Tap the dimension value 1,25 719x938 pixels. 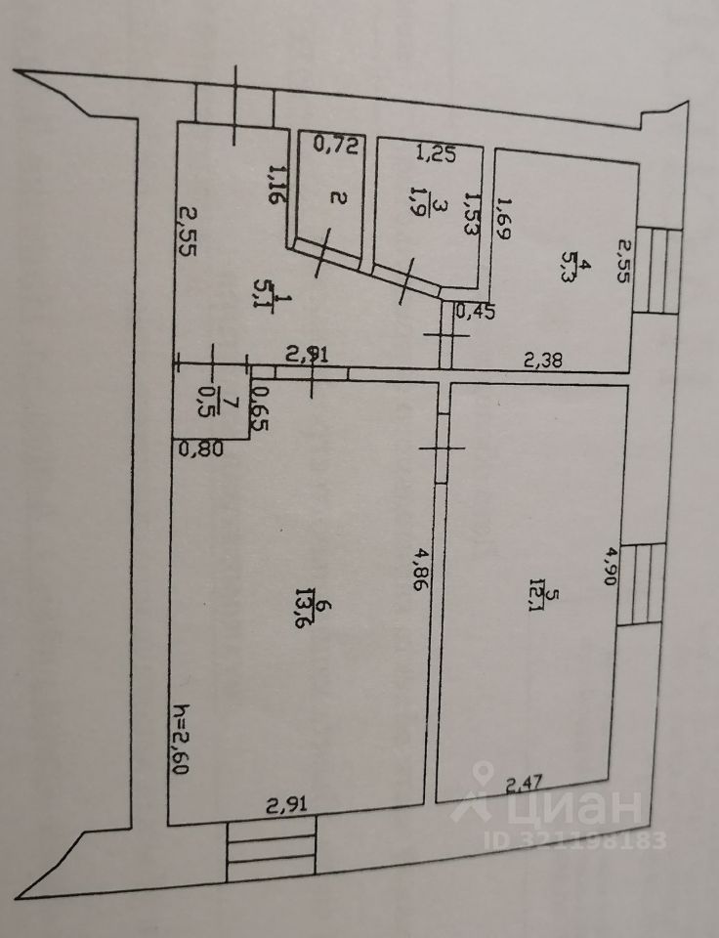(x=437, y=152)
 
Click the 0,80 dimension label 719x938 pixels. (x=201, y=449)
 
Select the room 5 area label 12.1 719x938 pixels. (x=529, y=596)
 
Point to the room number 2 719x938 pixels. (x=338, y=199)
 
